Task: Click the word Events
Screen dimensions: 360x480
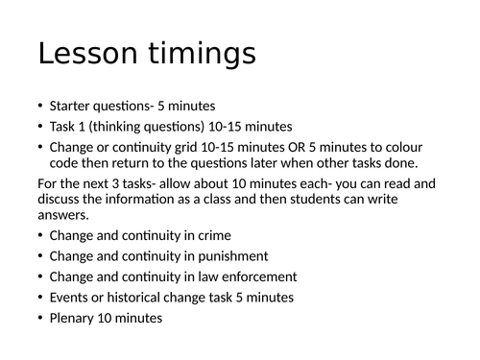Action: (70, 299)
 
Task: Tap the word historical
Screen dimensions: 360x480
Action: (131, 299)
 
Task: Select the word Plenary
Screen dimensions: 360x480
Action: (75, 320)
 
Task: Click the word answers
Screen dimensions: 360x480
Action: (62, 215)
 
